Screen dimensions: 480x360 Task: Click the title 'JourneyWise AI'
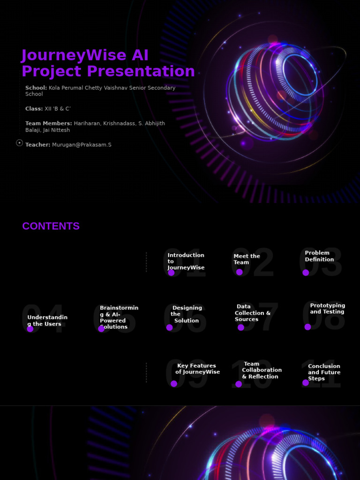85,55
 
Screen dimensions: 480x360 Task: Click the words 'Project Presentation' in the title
108,71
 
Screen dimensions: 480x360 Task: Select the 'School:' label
36,88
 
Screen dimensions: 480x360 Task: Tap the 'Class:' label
34,109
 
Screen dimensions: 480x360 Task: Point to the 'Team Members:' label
49,123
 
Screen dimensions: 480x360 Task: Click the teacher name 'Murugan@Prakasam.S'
82,145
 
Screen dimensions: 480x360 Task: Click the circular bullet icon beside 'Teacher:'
19,143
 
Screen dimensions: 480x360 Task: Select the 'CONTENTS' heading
51,226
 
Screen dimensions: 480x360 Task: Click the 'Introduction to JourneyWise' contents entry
186,261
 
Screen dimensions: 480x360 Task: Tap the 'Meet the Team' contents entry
247,259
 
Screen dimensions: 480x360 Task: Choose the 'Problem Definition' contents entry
319,256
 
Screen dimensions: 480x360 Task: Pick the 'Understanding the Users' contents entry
47,321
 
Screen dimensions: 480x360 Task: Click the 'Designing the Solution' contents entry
186,314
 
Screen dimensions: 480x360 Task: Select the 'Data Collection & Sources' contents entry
253,313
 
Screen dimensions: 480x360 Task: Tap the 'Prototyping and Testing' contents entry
327,308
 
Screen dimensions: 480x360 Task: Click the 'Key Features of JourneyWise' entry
197,369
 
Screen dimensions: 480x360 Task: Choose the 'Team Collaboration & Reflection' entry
262,370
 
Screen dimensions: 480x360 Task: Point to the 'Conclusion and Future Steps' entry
324,372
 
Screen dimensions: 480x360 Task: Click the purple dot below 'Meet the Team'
240,272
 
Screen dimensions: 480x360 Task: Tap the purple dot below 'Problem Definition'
306,272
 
